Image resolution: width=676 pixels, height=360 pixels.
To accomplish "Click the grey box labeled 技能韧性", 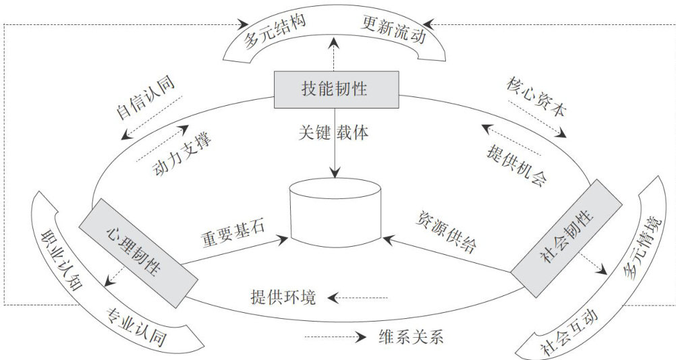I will tap(336, 88).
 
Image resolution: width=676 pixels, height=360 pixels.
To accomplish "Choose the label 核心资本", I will tap(536, 98).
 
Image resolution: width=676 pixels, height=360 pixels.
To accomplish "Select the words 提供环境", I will tap(283, 297).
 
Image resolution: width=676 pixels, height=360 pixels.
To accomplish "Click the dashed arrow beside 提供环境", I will tap(363, 297).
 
